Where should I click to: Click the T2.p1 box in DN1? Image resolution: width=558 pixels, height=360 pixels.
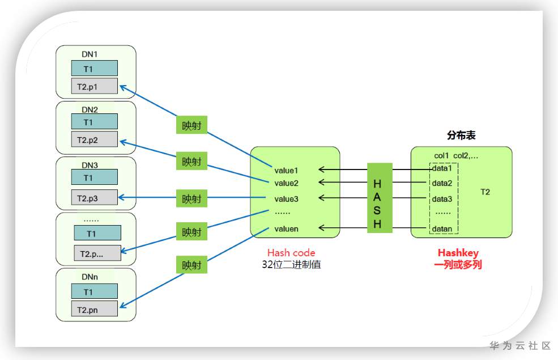94,86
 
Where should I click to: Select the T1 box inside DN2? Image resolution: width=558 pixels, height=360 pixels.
94,122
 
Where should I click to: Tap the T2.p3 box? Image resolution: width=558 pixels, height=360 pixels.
94,198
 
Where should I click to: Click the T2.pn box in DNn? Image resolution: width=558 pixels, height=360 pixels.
94,309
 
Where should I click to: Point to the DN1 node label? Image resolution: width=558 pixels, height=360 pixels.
90,55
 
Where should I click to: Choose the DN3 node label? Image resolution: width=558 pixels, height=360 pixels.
90,166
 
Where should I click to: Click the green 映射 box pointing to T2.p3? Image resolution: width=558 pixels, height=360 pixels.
191,199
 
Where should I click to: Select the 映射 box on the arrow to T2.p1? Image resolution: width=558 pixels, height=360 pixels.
191,126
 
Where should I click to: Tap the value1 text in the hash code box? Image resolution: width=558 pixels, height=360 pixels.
286,170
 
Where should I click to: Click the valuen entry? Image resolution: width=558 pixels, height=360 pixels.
286,228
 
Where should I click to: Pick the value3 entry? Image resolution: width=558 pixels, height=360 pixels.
286,199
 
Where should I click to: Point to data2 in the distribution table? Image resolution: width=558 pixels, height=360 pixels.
442,183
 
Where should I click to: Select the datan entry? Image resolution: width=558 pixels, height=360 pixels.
442,228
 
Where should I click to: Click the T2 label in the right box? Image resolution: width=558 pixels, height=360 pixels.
485,192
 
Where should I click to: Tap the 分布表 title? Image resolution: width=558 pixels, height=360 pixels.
461,135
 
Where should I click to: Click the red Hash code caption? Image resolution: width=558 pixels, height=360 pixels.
291,253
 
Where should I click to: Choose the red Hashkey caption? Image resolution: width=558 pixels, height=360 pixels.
458,253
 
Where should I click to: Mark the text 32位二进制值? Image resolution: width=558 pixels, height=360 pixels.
291,264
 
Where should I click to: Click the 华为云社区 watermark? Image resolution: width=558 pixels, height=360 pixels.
520,345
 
